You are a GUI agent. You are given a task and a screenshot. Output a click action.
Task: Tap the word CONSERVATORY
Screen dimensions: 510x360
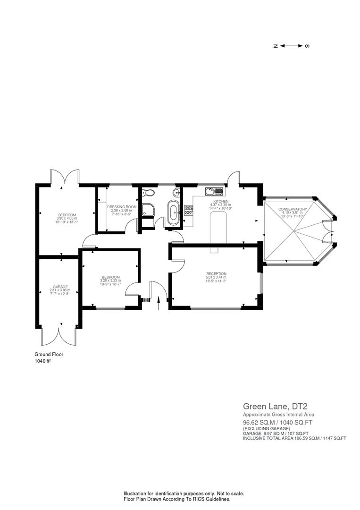point(293,209)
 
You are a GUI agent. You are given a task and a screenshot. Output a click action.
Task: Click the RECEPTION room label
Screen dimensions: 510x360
point(216,273)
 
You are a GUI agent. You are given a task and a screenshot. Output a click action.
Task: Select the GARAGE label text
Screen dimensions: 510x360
point(60,287)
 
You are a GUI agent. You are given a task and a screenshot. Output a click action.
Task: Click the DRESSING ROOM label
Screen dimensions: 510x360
point(122,207)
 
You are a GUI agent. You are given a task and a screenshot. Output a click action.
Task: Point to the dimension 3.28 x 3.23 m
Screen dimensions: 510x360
point(110,280)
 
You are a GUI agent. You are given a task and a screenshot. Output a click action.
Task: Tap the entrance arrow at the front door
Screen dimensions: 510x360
point(159,303)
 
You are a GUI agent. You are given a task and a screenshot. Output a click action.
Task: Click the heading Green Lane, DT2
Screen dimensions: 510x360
point(271,406)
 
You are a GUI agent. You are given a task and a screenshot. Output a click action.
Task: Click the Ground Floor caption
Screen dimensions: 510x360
point(49,354)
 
